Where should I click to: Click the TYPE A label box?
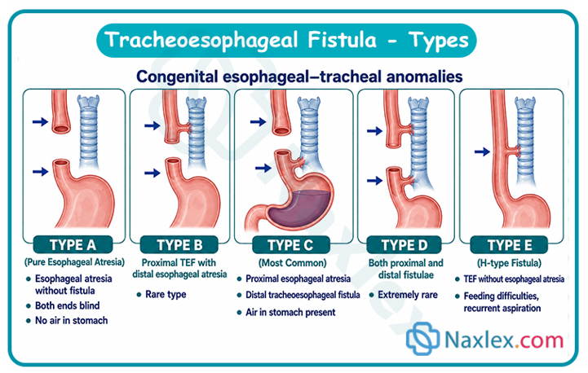click(73, 245)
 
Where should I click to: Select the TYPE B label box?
click(179, 245)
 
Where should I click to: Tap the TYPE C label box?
click(290, 245)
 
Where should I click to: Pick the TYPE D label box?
click(404, 245)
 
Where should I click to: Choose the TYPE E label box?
click(509, 245)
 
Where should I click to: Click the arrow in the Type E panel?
click(482, 151)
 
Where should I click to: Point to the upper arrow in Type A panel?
click(40, 121)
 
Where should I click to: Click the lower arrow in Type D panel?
click(374, 181)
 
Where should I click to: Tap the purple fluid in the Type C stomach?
click(299, 208)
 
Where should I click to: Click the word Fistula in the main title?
click(342, 40)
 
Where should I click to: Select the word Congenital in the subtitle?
click(177, 77)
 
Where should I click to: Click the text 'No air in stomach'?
click(71, 321)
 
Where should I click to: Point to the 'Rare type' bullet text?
click(166, 295)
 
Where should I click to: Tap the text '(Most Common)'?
click(293, 263)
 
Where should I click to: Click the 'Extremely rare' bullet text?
click(408, 295)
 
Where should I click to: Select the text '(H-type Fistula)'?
click(509, 263)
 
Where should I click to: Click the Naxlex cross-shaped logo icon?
click(422, 338)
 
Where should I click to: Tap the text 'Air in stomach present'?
click(290, 313)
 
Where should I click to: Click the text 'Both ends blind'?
click(68, 305)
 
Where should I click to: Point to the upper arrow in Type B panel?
click(153, 125)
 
